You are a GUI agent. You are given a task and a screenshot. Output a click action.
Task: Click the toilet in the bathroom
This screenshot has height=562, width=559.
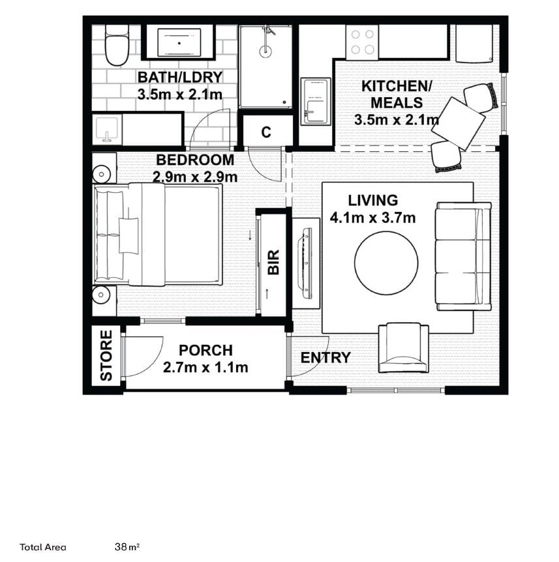click(117, 45)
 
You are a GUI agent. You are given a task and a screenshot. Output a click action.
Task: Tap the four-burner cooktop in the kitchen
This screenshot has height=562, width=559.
click(362, 42)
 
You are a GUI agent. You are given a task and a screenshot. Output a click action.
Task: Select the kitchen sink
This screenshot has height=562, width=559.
click(316, 102)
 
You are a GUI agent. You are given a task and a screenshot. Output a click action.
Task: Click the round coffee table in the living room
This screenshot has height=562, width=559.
click(386, 263)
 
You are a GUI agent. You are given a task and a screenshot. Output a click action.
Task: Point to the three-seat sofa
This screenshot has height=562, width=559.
click(463, 256)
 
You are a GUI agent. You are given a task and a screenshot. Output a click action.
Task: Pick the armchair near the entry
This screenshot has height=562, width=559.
click(404, 348)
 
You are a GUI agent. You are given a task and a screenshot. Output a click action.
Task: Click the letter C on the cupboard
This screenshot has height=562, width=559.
click(266, 132)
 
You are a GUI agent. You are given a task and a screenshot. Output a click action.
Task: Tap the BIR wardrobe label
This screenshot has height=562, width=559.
click(273, 263)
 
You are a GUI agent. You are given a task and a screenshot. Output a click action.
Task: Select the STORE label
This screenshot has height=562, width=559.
click(106, 355)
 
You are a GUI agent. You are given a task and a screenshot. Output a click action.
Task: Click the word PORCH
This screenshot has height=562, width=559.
click(206, 350)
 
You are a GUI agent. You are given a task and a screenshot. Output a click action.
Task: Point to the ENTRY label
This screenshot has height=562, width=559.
click(325, 357)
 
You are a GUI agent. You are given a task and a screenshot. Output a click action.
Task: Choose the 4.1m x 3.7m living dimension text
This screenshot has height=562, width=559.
click(373, 218)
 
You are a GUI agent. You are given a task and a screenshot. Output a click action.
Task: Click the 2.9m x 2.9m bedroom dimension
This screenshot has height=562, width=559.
click(195, 177)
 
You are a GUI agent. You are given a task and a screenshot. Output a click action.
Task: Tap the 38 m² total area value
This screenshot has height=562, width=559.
click(127, 547)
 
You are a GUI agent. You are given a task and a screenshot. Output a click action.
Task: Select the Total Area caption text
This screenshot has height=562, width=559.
click(43, 547)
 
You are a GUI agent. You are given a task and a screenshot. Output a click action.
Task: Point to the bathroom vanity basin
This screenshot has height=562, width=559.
click(107, 129)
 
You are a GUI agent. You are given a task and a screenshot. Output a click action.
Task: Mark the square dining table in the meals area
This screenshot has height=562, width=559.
click(459, 123)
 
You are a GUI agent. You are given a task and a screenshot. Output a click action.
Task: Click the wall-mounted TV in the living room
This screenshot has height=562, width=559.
click(305, 263)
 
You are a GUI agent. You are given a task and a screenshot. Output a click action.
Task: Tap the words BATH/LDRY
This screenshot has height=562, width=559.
click(180, 78)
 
